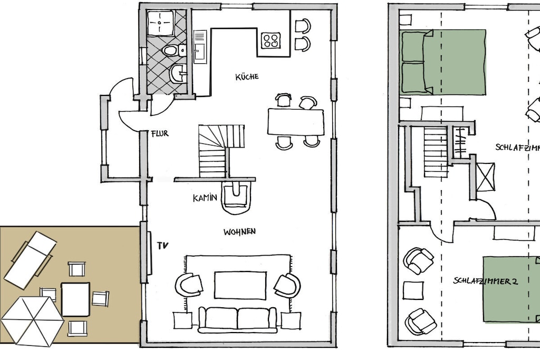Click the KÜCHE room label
(x=247, y=76)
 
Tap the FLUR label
(x=160, y=133)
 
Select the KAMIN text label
(x=205, y=198)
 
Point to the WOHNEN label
(x=239, y=231)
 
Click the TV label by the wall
(x=162, y=246)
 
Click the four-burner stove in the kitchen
(x=271, y=40)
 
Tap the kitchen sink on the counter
(x=200, y=47)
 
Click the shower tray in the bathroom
(x=160, y=23)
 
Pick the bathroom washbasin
(x=178, y=73)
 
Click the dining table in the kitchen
(x=295, y=122)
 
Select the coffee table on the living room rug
(x=240, y=285)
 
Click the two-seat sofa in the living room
(x=237, y=320)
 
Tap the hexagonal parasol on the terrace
(x=33, y=321)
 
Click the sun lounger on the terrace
(x=30, y=260)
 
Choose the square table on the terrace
(x=75, y=299)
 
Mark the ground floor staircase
(x=221, y=151)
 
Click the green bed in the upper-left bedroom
(x=443, y=62)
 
